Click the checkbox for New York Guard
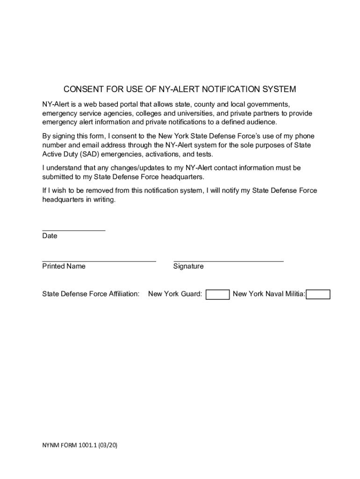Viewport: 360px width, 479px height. [x=217, y=294]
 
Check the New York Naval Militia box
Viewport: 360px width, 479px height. [x=318, y=294]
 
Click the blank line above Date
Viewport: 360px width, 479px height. [x=73, y=230]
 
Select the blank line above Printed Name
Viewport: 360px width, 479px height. [x=99, y=261]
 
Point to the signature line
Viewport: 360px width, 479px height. [x=228, y=261]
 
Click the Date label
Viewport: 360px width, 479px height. [x=50, y=236]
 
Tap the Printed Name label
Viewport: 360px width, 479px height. [x=64, y=266]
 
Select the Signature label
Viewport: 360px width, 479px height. [x=188, y=266]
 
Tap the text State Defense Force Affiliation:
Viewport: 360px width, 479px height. [x=91, y=294]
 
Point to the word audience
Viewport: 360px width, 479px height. [x=262, y=122]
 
